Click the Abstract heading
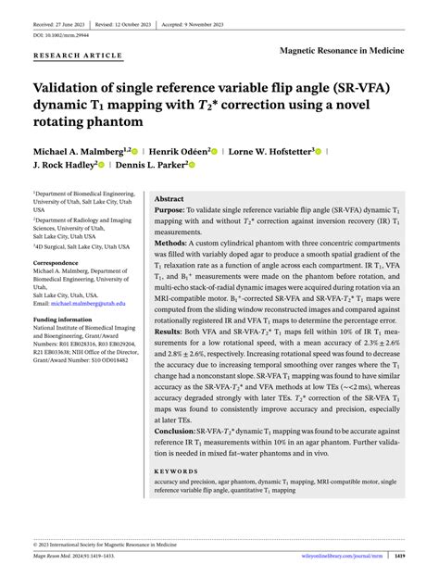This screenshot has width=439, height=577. coord(169,199)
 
